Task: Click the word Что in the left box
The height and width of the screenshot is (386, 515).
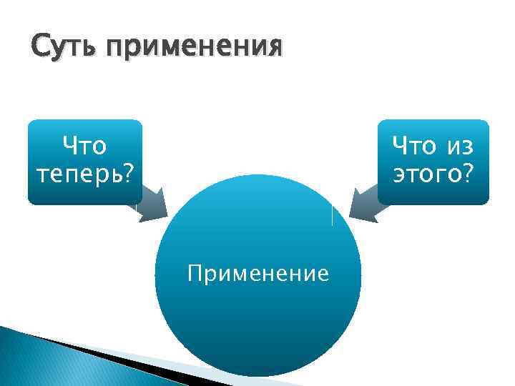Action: (x=84, y=146)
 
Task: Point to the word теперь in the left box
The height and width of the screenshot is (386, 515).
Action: (x=77, y=174)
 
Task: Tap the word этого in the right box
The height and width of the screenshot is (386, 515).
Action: (x=426, y=174)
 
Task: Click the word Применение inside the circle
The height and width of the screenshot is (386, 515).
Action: (x=258, y=273)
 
